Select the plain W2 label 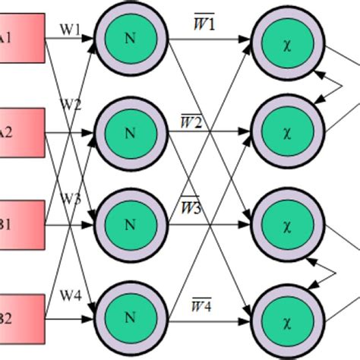pos(70,106)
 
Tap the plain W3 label pos(70,198)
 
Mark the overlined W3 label pos(191,206)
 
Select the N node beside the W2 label pos(129,131)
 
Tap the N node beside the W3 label pos(129,223)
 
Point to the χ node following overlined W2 pos(286,131)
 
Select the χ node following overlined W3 pos(286,223)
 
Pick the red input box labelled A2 pos(21,131)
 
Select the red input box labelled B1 pos(21,223)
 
